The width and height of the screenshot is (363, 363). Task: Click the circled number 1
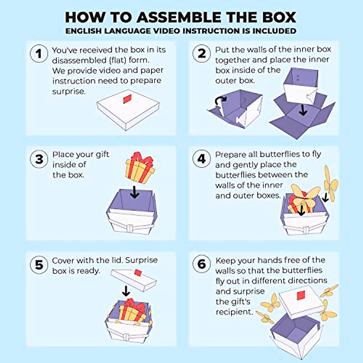tap(39, 54)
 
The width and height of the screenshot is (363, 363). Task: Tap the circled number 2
tap(201, 54)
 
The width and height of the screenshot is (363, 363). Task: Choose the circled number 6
tap(201, 264)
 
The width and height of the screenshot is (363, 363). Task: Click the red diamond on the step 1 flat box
tap(128, 99)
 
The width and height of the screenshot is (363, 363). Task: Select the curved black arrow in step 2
tap(220, 101)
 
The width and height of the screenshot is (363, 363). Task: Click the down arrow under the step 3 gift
tap(134, 193)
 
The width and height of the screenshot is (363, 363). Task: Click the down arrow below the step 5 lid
tap(126, 291)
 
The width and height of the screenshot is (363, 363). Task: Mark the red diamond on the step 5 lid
tap(138, 273)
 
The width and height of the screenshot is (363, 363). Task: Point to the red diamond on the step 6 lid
tap(301, 295)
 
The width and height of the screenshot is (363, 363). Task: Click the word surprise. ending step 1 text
tap(69, 91)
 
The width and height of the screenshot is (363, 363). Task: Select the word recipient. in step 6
tap(234, 312)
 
